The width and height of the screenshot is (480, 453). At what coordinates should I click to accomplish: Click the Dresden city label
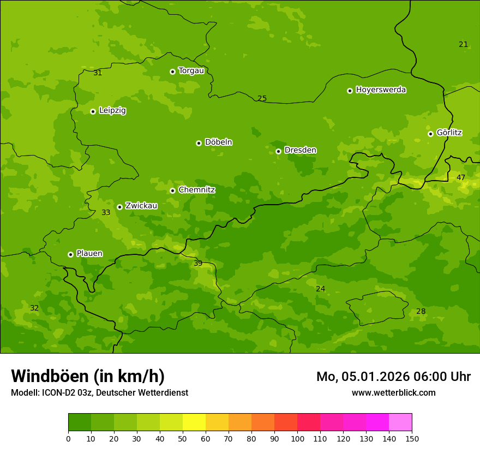point(300,150)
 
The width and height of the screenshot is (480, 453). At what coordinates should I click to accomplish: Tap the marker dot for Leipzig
point(93,111)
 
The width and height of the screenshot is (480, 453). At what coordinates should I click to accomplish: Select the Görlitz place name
point(449,133)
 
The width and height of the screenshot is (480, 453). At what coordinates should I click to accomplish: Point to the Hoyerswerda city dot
point(350,91)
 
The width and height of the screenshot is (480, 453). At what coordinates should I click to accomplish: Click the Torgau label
point(191,71)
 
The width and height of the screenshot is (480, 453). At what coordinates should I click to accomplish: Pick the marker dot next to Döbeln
point(199,143)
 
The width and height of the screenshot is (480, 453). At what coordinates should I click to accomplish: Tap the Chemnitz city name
point(196,190)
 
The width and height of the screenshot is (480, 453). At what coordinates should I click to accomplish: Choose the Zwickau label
point(141,206)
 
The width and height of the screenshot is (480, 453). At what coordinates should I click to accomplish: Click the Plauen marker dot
point(70,254)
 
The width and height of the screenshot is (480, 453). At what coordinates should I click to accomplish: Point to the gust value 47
point(461,177)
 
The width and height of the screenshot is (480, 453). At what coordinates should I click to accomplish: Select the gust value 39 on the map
point(198,263)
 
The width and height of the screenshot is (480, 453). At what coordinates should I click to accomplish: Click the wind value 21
point(463,44)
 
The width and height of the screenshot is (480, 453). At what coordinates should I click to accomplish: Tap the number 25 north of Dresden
point(262,98)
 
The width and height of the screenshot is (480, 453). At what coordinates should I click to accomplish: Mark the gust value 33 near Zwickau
point(106,212)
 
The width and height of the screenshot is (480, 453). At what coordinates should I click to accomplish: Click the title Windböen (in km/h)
point(88,376)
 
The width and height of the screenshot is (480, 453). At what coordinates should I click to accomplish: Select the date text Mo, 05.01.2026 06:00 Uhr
point(393,377)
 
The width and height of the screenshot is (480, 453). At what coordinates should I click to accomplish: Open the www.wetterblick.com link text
point(393,392)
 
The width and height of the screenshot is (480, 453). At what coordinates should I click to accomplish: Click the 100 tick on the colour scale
point(297,438)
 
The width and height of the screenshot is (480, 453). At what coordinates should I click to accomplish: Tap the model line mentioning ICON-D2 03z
point(99,393)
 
